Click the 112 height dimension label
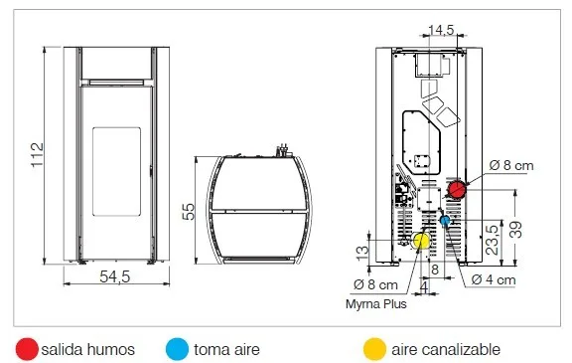tap(38, 155)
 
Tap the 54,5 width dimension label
tap(115, 276)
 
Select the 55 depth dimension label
tap(189, 212)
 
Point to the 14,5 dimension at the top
tap(441, 30)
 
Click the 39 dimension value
tap(515, 230)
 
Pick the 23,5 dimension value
tap(493, 240)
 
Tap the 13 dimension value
tap(362, 253)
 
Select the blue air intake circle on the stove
tap(445, 221)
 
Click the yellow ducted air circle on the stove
tap(421, 241)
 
